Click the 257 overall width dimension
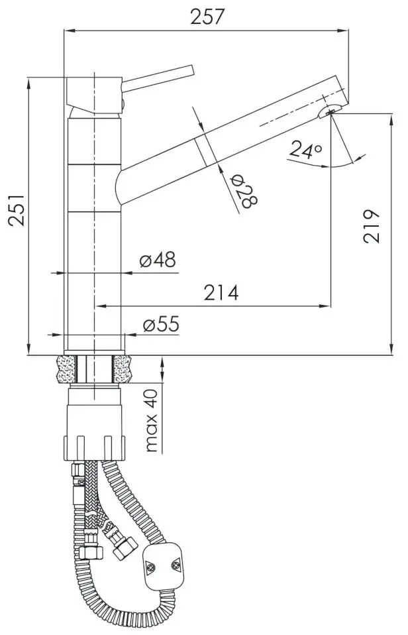[x=207, y=17]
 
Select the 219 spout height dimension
[x=371, y=226]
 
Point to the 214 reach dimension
[x=221, y=292]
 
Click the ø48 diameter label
[x=158, y=259]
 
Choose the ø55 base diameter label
[x=161, y=324]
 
